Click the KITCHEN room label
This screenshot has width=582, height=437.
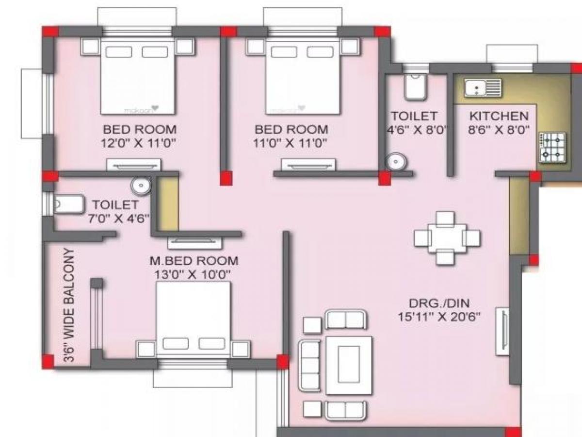coord(499,116)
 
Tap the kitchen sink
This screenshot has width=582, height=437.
coord(482,88)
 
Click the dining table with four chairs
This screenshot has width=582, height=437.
coord(446,238)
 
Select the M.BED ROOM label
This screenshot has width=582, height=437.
coord(194,261)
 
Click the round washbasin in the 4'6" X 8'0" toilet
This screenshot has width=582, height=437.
coord(396,161)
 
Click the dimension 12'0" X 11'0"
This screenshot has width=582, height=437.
coord(139,143)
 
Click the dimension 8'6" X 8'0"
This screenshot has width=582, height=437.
coord(499,130)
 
